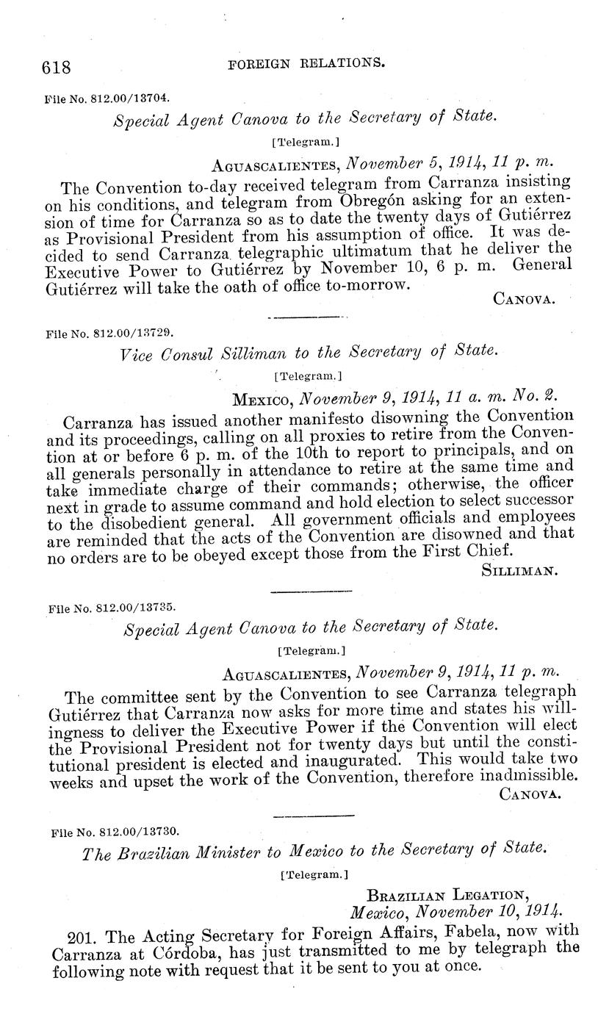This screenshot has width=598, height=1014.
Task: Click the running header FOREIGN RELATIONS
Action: click(x=306, y=64)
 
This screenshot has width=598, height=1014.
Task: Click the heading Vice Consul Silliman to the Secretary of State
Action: click(x=309, y=353)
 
